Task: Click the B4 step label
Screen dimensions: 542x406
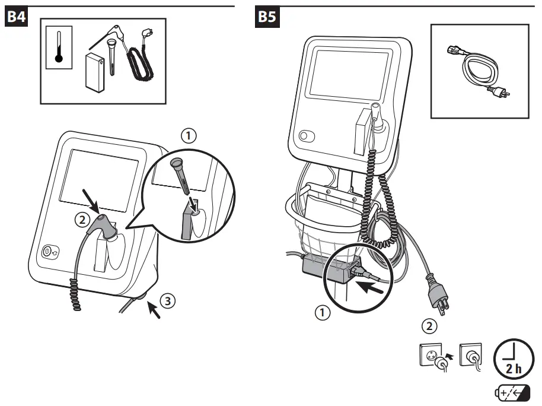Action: pos(16,16)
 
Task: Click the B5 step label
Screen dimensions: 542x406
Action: pos(267,16)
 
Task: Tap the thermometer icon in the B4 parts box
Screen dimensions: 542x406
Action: pos(59,47)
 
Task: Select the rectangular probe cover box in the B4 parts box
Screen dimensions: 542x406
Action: pos(95,72)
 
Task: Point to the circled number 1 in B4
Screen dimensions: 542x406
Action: pos(189,135)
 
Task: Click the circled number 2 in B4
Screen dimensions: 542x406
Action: pos(82,220)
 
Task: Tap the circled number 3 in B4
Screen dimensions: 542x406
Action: pos(168,300)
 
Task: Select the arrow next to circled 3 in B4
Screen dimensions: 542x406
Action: pos(154,310)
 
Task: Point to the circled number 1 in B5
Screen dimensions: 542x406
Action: pos(323,313)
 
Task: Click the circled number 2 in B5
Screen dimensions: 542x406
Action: pos(429,326)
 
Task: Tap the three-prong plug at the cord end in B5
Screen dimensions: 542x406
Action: pos(438,295)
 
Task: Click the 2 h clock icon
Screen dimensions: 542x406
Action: pos(514,359)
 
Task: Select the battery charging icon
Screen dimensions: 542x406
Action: pos(512,393)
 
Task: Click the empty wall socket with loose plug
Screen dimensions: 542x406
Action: pos(435,357)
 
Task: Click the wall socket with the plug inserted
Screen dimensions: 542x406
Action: pos(471,357)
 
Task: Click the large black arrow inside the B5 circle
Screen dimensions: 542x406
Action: pos(369,287)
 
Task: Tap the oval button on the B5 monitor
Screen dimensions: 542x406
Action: pos(307,136)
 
